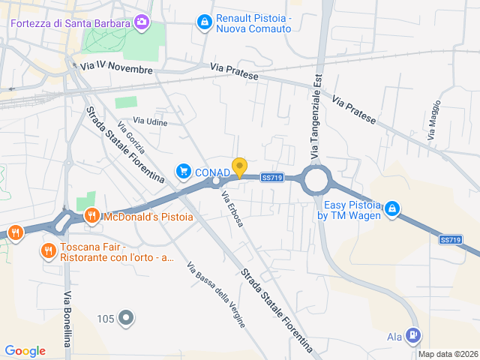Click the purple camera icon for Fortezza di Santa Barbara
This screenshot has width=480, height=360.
click(x=141, y=22)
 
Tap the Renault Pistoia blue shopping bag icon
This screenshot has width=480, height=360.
click(x=203, y=22)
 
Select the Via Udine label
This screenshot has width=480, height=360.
click(x=151, y=121)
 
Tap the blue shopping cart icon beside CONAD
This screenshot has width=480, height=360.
click(x=183, y=172)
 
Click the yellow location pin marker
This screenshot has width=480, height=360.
click(x=239, y=167)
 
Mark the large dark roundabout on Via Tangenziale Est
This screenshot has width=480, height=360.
click(x=316, y=179)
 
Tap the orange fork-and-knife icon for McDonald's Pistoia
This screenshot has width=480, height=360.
click(x=91, y=217)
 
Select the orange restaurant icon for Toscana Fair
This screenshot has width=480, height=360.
click(x=49, y=250)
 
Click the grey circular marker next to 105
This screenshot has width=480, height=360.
click(x=126, y=319)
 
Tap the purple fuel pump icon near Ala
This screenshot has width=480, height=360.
click(x=413, y=336)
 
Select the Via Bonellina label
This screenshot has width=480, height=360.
click(x=67, y=319)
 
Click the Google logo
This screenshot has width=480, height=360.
click(x=25, y=351)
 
